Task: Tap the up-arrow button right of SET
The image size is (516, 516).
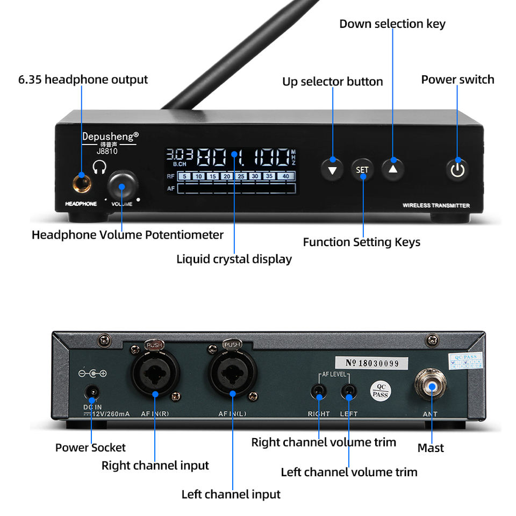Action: (393, 169)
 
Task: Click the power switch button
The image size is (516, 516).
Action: (457, 169)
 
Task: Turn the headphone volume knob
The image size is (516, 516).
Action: (121, 186)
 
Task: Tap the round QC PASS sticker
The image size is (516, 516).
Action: (380, 391)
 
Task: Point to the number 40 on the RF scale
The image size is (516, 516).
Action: (285, 176)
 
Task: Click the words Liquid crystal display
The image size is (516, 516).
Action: (234, 259)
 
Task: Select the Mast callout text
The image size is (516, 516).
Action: (431, 448)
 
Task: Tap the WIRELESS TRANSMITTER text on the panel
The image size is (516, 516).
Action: (436, 205)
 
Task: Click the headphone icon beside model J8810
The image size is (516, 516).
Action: (99, 168)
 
